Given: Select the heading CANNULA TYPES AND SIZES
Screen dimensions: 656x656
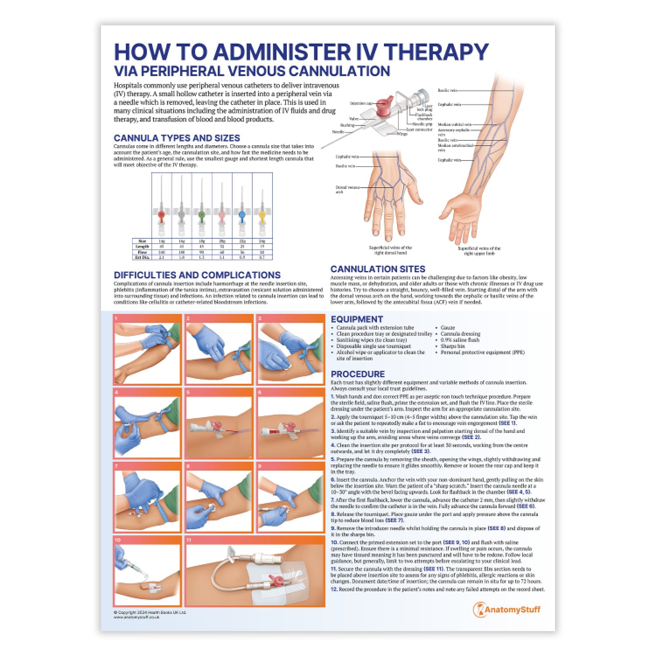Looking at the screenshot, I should (x=177, y=138).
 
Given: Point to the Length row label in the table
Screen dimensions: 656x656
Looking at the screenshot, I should (x=142, y=247).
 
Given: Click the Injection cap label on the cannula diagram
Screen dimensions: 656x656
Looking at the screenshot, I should (x=360, y=104).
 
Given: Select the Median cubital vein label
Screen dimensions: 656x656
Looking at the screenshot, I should (x=454, y=125).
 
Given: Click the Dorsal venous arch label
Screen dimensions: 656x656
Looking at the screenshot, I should (x=347, y=189).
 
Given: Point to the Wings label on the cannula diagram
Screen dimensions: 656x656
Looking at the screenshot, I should (x=402, y=134).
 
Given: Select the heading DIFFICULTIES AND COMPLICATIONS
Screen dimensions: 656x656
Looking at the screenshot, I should (x=197, y=275).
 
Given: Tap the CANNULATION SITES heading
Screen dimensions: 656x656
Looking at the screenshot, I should (x=377, y=269).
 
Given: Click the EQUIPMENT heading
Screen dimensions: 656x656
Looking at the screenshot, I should (x=356, y=319).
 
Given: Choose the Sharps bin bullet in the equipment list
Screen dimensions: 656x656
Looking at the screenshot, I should (x=452, y=346).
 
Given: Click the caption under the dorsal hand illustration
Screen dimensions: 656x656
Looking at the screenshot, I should (x=390, y=250).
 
